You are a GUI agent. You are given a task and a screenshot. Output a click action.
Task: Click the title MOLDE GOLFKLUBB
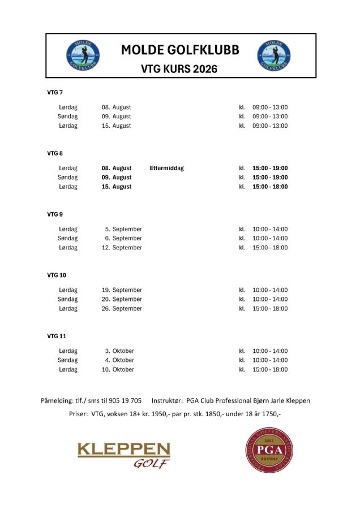(180, 50)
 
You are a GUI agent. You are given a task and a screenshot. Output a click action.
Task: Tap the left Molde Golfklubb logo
(83, 56)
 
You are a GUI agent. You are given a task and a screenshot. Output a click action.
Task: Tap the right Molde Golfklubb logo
(274, 56)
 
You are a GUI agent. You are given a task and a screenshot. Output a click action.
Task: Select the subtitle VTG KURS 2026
(179, 70)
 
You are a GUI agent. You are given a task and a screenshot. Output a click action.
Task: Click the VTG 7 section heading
(55, 92)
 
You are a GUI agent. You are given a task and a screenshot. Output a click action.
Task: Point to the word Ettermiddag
(167, 168)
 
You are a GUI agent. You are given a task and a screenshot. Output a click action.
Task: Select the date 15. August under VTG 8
(117, 187)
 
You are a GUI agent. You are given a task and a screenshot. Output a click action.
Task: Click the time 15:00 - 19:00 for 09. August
(270, 178)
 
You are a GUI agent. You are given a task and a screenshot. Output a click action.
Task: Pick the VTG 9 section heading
(55, 214)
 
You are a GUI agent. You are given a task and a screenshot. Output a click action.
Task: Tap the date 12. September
(122, 248)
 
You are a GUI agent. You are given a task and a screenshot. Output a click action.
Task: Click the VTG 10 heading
(57, 275)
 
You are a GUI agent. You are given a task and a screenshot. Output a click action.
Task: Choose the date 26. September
(122, 309)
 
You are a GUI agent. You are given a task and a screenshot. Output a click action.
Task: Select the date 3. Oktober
(119, 351)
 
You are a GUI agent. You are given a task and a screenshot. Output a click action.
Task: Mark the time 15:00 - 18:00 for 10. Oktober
(270, 370)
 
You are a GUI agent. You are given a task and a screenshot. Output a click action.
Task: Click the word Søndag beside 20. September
(68, 299)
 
